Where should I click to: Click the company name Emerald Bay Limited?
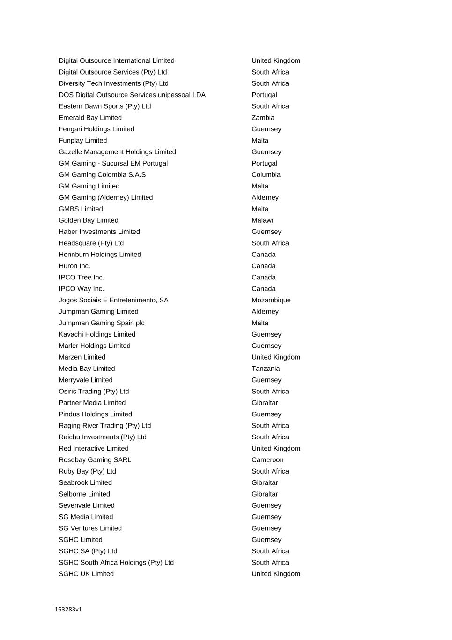tap(90, 118)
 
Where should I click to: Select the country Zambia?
tap(263, 118)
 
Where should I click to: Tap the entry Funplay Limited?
tap(82, 141)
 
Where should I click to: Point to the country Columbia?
tap(266, 175)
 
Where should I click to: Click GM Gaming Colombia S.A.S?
tap(102, 175)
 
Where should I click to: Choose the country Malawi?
tap(262, 220)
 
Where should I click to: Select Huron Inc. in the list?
tap(74, 266)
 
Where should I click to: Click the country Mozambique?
tap(271, 300)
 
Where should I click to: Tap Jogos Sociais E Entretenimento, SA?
tap(113, 300)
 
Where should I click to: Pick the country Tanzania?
tap(266, 369)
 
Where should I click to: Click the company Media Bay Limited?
tap(87, 369)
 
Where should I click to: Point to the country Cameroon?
tap(267, 460)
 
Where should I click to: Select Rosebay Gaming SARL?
tap(95, 460)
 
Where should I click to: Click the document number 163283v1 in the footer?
tap(68, 610)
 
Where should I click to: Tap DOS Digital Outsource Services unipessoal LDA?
tap(132, 95)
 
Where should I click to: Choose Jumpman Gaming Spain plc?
tap(102, 323)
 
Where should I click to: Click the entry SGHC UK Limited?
tap(86, 574)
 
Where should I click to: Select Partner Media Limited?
tap(92, 403)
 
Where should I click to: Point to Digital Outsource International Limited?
tap(117, 61)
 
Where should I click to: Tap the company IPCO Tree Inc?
tap(82, 278)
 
